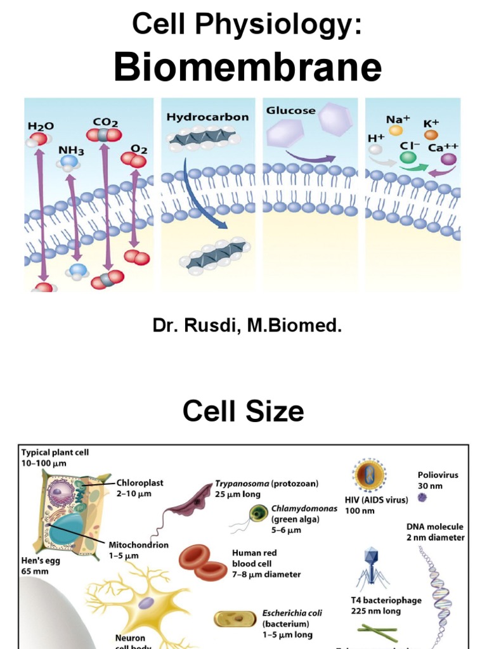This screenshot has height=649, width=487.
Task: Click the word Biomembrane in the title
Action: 247,68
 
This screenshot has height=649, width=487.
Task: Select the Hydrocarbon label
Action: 207,117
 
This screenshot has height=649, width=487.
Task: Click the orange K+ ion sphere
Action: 431,134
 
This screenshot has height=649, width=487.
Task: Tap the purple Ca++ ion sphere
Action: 449,160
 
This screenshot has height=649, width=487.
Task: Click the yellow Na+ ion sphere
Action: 396,131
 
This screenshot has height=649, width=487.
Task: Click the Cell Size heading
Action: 243,412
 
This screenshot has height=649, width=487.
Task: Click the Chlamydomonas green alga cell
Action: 258,512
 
